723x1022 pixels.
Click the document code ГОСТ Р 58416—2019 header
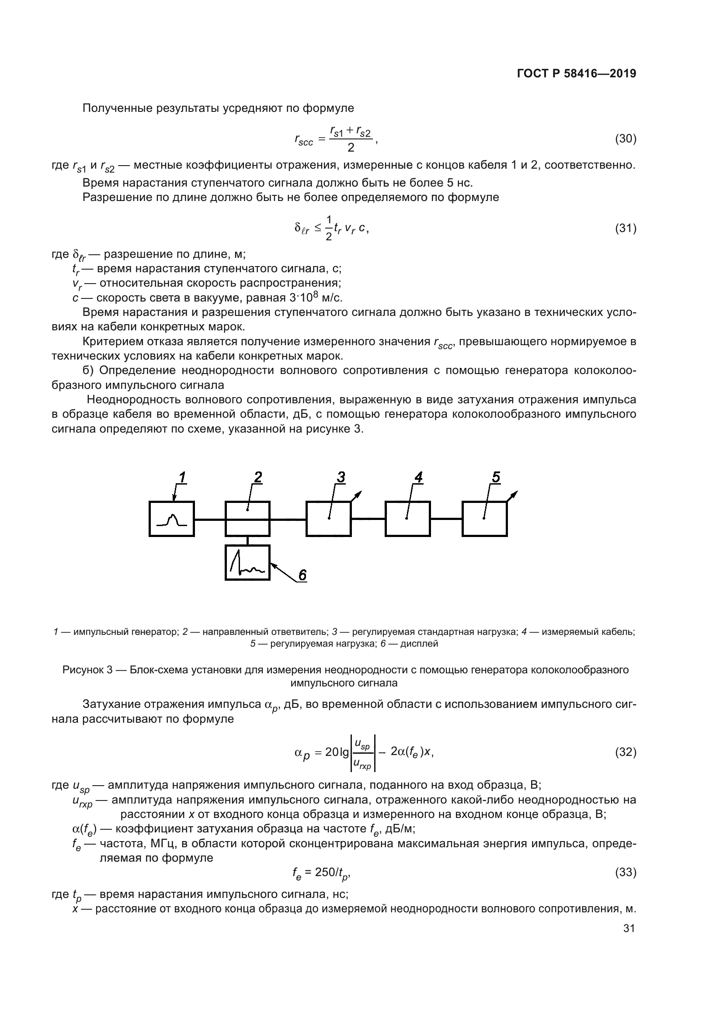[577, 74]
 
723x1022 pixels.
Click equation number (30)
[626, 139]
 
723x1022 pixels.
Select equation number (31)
[626, 229]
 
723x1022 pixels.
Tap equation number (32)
[626, 752]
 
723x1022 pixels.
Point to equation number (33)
[626, 872]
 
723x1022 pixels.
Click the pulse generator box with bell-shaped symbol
[172, 519]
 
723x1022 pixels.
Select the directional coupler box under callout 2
[247, 519]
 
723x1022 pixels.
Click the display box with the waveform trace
[247, 563]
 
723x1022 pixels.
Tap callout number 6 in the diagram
[302, 575]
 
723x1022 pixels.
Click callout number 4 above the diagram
[418, 477]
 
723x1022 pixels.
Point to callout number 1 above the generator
[182, 477]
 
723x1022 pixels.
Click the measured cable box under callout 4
[407, 519]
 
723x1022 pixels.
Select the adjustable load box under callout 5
[484, 519]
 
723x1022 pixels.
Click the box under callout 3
[329, 519]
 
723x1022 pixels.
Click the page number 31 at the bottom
[629, 928]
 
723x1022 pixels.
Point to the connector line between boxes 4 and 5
[446, 519]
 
